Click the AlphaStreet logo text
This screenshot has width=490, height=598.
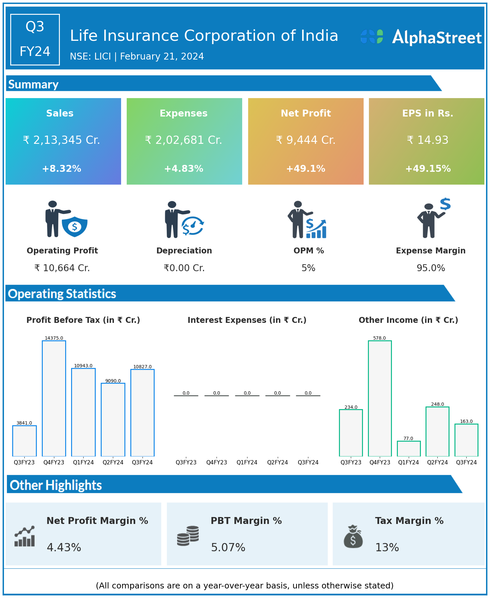(x=437, y=38)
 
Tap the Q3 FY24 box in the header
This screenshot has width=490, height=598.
(x=35, y=39)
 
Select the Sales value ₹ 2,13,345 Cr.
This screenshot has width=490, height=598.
(x=62, y=140)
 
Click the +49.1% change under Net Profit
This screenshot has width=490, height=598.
(x=306, y=169)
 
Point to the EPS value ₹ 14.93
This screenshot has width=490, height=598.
(x=427, y=140)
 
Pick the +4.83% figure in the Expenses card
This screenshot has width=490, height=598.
(x=184, y=169)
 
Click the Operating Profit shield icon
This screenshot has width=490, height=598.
(x=74, y=226)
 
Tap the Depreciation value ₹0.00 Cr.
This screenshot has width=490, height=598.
(x=184, y=268)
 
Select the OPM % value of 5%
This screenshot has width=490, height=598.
(x=308, y=268)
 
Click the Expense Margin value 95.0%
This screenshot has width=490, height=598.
(x=431, y=268)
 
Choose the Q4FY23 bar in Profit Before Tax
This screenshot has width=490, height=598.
(x=54, y=398)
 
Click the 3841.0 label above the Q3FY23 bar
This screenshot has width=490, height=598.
(x=24, y=423)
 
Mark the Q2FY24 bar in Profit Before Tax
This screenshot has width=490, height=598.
(x=113, y=420)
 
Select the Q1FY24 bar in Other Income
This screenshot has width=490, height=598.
(x=409, y=449)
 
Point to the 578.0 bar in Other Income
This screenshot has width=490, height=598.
(x=380, y=398)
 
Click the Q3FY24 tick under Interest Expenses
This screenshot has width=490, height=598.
(x=308, y=462)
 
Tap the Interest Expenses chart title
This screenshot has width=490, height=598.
(x=247, y=320)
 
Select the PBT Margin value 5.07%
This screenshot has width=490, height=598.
(x=228, y=548)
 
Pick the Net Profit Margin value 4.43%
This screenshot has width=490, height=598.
(x=64, y=548)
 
